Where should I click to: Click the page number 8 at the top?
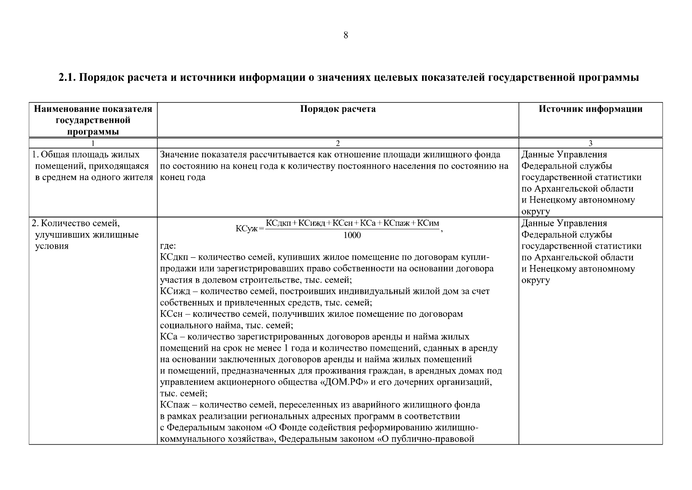tap(346, 36)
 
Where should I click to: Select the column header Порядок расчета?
tap(338, 109)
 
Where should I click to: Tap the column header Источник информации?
tap(590, 109)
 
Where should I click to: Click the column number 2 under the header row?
tap(338, 143)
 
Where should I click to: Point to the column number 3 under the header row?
tap(590, 143)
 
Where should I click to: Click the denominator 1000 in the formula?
tap(352, 235)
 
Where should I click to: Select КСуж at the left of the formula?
tap(246, 229)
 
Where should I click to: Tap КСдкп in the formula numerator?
tap(279, 223)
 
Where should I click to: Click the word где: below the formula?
tap(168, 246)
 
